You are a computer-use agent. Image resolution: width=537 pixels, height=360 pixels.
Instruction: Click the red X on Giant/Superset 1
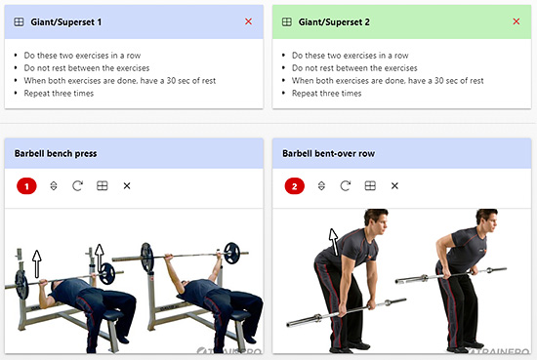tap(248, 21)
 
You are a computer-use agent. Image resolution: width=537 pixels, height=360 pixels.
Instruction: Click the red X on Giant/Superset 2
tap(516, 21)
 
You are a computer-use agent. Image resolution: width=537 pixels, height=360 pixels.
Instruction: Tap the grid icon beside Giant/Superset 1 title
tap(19, 22)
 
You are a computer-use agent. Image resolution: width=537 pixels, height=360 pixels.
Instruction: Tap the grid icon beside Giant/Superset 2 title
tap(287, 22)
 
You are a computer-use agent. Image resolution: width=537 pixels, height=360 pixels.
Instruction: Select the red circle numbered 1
tap(26, 186)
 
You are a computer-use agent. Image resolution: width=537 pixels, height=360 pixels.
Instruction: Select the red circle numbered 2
tap(295, 186)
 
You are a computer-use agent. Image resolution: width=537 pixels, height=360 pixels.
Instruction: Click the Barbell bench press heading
tap(56, 153)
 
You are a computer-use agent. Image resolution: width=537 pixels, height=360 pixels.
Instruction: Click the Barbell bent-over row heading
tap(328, 153)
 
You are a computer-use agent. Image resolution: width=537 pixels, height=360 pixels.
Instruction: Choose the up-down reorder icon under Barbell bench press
tap(54, 185)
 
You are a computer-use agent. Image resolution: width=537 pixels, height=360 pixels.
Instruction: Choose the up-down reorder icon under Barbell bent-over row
tap(321, 185)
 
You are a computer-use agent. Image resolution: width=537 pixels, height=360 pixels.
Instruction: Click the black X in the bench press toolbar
tap(127, 185)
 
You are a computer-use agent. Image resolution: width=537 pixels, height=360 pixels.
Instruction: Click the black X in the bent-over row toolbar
tap(394, 185)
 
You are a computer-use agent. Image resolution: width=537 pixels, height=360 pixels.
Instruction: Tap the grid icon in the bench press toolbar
tap(103, 185)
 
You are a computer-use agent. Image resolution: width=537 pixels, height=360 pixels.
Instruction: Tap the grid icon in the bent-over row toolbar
tap(370, 185)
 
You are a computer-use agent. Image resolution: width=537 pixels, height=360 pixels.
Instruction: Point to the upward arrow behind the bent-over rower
tap(334, 242)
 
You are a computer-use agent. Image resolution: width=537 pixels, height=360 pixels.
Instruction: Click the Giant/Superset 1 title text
tap(66, 22)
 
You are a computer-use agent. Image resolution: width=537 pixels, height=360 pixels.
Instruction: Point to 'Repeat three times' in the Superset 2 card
tap(326, 94)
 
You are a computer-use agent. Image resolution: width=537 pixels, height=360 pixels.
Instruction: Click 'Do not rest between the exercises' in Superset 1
tap(87, 68)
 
